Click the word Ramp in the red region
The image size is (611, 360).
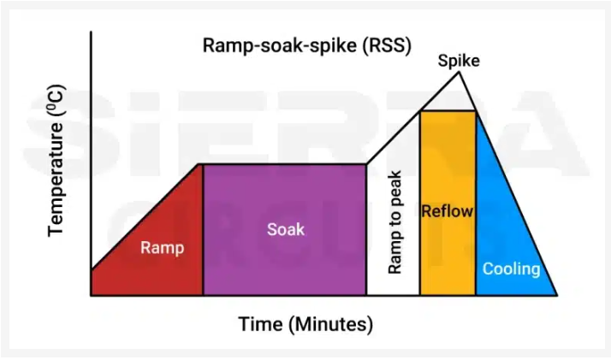[162, 248]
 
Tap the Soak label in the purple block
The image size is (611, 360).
[286, 229]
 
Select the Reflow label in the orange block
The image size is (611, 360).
[448, 211]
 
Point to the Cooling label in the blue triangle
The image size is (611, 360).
[511, 269]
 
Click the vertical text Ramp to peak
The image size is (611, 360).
[394, 222]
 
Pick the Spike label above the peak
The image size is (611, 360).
[459, 61]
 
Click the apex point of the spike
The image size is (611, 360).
[459, 72]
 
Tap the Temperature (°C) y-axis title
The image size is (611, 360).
[56, 161]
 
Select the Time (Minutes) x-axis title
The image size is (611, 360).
[305, 324]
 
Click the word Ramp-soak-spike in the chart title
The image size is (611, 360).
[279, 45]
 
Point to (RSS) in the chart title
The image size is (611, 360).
[387, 45]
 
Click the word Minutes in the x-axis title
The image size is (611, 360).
[331, 324]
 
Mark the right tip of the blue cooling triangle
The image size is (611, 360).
[557, 295]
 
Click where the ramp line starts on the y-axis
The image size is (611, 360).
[92, 269]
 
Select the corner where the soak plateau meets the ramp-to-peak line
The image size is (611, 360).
[366, 164]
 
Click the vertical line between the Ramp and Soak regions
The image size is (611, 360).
[203, 230]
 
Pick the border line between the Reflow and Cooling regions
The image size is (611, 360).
[476, 204]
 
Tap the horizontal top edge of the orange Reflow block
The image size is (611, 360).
[448, 111]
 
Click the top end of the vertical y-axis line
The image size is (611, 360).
[92, 31]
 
